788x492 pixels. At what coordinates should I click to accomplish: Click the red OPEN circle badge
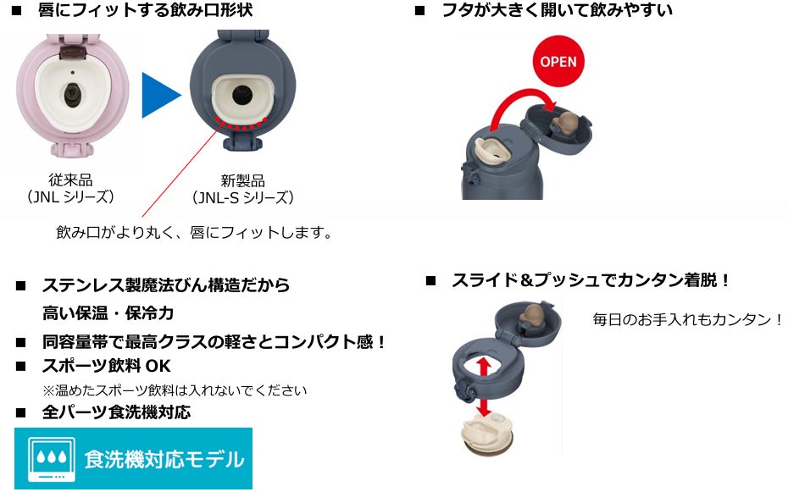click(x=558, y=62)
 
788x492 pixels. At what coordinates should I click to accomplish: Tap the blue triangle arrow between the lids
click(x=161, y=95)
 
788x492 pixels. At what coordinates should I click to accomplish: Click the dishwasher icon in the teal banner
click(x=47, y=459)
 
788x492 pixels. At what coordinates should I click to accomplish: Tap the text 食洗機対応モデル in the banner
click(x=164, y=460)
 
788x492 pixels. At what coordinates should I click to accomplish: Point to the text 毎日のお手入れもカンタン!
click(x=687, y=319)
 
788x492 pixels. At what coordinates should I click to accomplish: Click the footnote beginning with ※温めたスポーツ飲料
click(x=175, y=390)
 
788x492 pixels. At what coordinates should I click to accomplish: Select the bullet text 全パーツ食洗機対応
click(x=116, y=412)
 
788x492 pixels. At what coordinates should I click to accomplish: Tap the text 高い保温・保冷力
click(x=108, y=312)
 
